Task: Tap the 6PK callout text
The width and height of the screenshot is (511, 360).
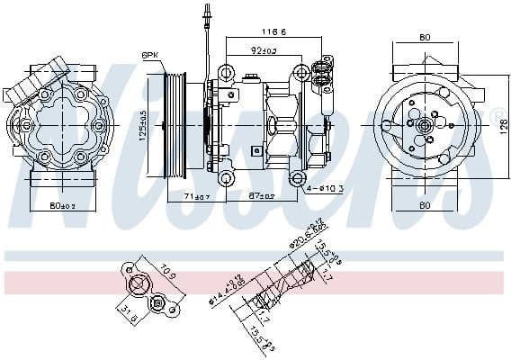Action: pos(150,55)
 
